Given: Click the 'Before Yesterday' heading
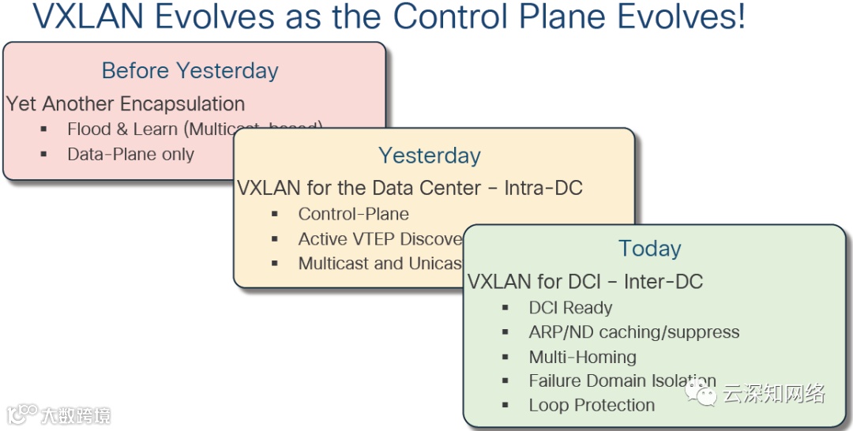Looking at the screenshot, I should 190,70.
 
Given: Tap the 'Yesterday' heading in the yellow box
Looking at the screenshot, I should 430,156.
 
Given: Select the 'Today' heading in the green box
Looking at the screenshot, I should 650,249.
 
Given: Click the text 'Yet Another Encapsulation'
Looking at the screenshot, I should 126,103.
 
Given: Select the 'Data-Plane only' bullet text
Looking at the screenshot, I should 130,155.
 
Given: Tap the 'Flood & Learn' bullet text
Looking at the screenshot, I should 122,129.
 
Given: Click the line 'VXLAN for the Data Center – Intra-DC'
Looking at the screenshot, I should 410,188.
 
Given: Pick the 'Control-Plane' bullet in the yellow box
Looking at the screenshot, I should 353,214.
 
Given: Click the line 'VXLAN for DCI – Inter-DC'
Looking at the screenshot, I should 585,281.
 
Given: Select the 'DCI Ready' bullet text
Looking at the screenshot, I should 570,308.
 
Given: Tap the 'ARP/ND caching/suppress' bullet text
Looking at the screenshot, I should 634,332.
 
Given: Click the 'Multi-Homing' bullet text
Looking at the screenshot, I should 582,357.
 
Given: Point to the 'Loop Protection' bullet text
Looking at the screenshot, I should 592,405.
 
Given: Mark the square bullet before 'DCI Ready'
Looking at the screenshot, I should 505,308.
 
